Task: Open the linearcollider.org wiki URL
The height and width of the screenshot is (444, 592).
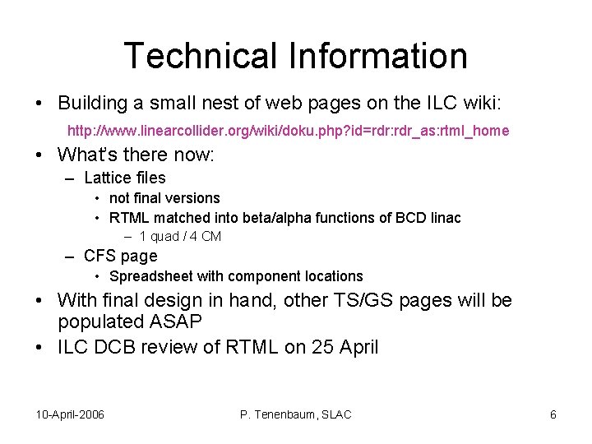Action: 288,131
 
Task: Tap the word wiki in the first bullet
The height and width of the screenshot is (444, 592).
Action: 474,104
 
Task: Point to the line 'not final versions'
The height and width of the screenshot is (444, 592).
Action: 164,198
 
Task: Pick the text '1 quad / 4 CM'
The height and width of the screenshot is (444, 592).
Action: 180,237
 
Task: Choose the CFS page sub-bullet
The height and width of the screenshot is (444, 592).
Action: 120,256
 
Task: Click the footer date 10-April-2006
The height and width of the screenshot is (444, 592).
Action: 71,414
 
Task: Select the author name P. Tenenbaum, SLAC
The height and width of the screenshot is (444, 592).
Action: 295,414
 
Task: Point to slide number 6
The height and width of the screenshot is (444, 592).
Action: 553,414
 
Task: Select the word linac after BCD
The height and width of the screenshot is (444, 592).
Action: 444,218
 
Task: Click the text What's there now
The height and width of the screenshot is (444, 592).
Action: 136,155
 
